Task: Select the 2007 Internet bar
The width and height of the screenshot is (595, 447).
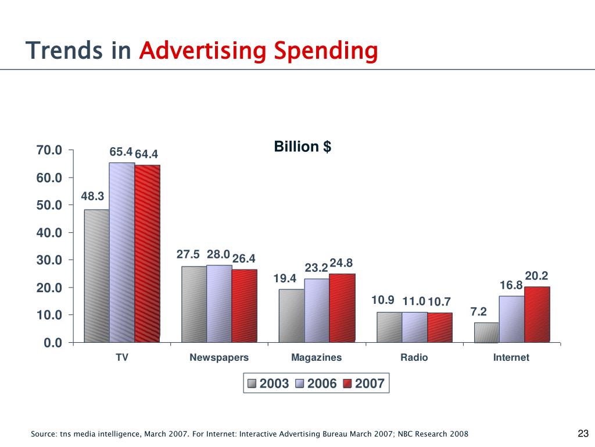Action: [537, 314]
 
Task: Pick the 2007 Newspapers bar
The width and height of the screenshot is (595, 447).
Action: [244, 306]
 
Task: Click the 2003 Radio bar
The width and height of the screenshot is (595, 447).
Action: [389, 327]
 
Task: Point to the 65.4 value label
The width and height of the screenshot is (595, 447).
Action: [121, 152]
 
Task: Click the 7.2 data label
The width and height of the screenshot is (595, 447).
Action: [479, 312]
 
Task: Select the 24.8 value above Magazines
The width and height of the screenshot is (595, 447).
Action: [341, 264]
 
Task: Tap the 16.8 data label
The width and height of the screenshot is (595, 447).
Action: [511, 285]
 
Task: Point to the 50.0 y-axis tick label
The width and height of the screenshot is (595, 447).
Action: [49, 205]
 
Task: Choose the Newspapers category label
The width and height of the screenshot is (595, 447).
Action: [219, 357]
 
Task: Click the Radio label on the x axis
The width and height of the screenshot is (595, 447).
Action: [414, 357]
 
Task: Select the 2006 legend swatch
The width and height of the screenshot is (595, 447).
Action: [300, 384]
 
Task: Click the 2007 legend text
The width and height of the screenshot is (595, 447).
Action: [370, 384]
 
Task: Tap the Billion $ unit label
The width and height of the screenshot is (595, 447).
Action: [302, 147]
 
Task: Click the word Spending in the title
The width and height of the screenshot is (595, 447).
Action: [326, 51]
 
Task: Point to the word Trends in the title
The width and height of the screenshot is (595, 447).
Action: [64, 51]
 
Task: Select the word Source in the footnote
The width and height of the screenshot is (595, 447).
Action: [44, 434]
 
